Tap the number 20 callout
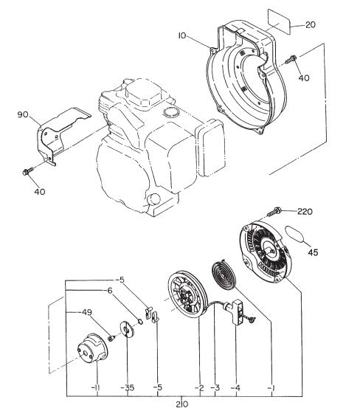310,25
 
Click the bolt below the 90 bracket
29,172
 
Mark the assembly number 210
181,403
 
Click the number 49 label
86,313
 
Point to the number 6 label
109,291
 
